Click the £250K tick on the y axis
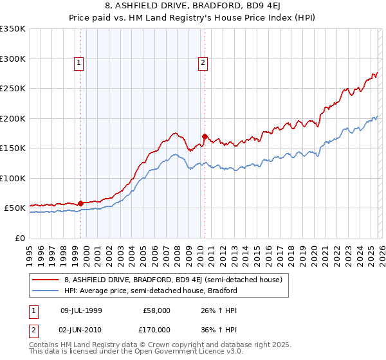click(x=13, y=89)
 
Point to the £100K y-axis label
click(x=13, y=178)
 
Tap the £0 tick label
click(x=20, y=238)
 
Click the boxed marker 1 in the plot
click(x=78, y=63)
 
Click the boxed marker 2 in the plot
click(x=203, y=63)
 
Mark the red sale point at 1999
click(x=80, y=203)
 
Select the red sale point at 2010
click(x=205, y=136)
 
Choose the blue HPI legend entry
click(x=151, y=291)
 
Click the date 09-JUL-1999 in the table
click(x=81, y=310)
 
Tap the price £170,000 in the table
click(x=156, y=329)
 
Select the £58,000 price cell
click(x=156, y=310)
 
